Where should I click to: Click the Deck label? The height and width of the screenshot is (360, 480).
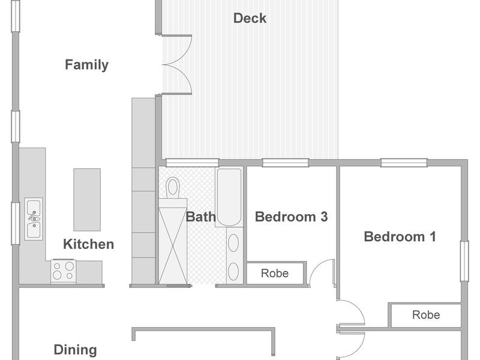point(250,19)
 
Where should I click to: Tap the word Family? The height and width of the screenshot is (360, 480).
point(86,65)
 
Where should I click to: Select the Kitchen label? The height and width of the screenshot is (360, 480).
point(88,244)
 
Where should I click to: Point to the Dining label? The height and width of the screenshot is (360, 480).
point(76,350)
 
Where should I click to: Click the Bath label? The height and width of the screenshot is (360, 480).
point(201,217)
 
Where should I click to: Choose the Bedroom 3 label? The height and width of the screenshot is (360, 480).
point(291,217)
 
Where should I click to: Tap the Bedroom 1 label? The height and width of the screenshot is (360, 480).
point(400,236)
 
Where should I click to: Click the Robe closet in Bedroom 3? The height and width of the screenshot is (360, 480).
point(275,273)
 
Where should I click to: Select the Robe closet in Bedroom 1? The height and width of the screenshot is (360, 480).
point(426,314)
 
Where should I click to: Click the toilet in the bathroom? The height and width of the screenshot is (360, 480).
point(173,188)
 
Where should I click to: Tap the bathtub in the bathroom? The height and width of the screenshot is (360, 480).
point(229,197)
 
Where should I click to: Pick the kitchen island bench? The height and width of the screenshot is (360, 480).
point(87,200)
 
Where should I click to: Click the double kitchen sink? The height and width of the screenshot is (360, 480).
point(34,219)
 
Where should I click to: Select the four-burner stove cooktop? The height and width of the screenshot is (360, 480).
point(64,271)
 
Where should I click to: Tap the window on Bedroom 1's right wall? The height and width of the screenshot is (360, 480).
point(464,261)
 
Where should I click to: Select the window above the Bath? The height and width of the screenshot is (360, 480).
point(192,163)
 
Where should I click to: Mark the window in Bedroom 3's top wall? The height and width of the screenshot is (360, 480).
point(286,163)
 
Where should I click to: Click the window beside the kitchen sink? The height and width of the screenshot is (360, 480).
point(16,223)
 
